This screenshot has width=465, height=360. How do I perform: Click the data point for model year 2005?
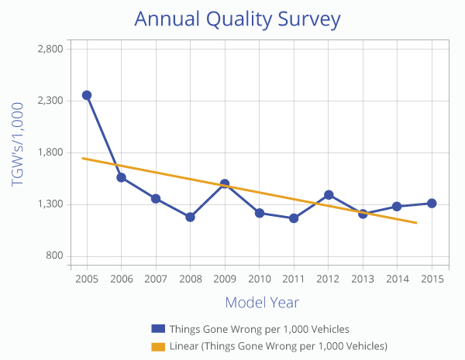[x=87, y=95]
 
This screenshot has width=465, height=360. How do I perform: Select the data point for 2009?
[x=225, y=184]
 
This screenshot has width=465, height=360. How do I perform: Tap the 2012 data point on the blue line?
[x=329, y=194]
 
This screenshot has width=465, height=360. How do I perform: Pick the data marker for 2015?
[x=432, y=204]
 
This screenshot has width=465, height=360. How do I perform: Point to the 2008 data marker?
[x=190, y=217]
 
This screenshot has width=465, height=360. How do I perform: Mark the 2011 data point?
[x=294, y=218]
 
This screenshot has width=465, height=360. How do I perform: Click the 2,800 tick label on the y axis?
[x=50, y=49]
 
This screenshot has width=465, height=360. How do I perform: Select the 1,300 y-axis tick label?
[x=50, y=204]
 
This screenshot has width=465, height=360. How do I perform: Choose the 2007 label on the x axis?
[x=156, y=277]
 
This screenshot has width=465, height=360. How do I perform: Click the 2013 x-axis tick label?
[x=363, y=277]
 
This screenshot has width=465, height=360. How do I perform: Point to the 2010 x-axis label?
[x=259, y=277]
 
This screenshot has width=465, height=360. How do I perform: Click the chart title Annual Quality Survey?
[x=237, y=19]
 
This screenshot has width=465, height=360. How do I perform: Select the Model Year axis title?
[x=262, y=302]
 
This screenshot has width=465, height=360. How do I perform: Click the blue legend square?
[x=158, y=329]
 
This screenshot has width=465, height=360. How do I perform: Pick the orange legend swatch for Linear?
[x=158, y=345]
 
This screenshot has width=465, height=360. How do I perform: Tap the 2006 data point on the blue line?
[x=122, y=177]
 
